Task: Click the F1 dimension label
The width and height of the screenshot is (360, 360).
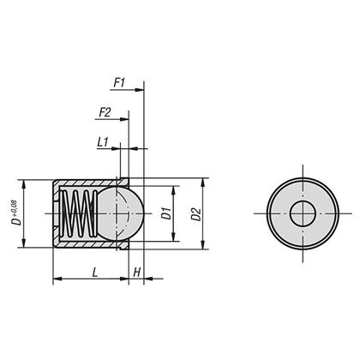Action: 119,83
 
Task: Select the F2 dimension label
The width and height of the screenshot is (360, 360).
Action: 105,112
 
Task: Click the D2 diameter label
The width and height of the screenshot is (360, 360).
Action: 197,213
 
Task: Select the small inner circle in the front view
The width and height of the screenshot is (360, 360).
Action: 302,213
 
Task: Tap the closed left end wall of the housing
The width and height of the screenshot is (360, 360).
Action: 57,213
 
